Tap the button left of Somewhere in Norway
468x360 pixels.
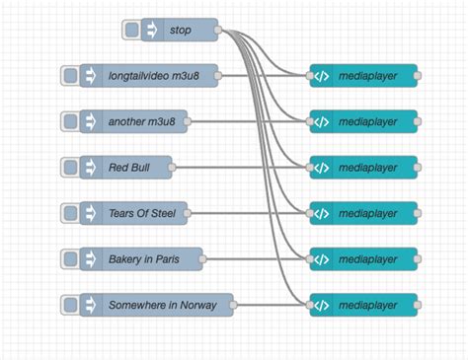click(x=69, y=304)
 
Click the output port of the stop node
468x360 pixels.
click(x=219, y=30)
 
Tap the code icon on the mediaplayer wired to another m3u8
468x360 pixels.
click(x=321, y=121)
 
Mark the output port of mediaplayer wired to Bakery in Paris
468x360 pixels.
click(x=418, y=258)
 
